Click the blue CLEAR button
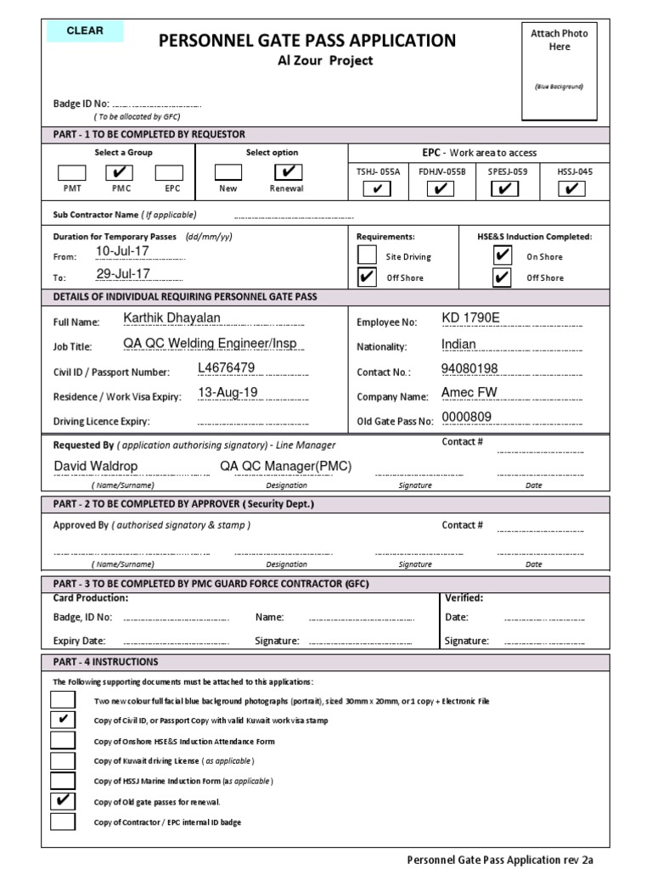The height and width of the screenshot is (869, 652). pos(84,31)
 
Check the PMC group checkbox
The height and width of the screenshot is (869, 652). pos(118,172)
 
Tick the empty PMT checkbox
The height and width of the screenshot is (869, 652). pos(72,172)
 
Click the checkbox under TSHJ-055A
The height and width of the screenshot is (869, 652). pos(376,188)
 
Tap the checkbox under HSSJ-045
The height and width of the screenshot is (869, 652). pos(574,188)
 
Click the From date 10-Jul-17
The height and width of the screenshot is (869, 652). pos(123,252)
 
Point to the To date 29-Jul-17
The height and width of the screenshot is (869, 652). pos(123,273)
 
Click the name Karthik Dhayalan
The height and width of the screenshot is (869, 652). pos(171,317)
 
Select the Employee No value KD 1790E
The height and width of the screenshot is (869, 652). pos(471,318)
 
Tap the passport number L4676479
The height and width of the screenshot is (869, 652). pos(226,367)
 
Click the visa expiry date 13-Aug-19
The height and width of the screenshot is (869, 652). pos(228,392)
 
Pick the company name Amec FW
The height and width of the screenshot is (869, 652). pos(469,392)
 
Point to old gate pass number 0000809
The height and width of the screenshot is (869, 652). pos(467,417)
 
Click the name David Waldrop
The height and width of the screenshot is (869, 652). pos(96,466)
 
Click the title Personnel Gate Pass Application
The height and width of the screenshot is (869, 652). pos(307,40)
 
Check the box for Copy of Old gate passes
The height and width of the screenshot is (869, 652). pos(62,801)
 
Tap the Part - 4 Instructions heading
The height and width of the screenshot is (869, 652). pos(105,662)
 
